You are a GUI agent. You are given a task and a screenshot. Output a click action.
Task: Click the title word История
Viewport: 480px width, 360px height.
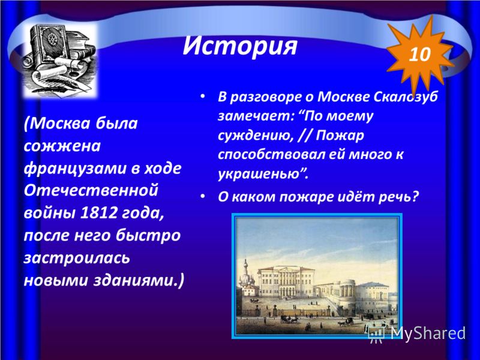point(239,46)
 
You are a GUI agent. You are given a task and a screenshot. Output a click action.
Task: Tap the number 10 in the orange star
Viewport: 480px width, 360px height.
point(419,55)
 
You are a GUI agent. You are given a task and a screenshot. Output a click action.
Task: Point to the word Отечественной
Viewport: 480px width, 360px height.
point(91,191)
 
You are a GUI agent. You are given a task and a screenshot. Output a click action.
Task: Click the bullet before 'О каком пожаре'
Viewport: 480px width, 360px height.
point(202,196)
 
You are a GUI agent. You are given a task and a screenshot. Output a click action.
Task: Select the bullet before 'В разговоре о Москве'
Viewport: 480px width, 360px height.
point(202,96)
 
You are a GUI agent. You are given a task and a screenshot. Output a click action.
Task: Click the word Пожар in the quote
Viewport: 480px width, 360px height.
point(340,136)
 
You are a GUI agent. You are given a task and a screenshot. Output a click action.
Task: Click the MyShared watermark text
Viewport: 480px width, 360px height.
point(428,332)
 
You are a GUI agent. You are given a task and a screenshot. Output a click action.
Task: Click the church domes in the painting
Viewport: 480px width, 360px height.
point(247,276)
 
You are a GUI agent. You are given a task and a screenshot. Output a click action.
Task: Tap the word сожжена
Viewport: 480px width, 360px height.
point(62,146)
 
